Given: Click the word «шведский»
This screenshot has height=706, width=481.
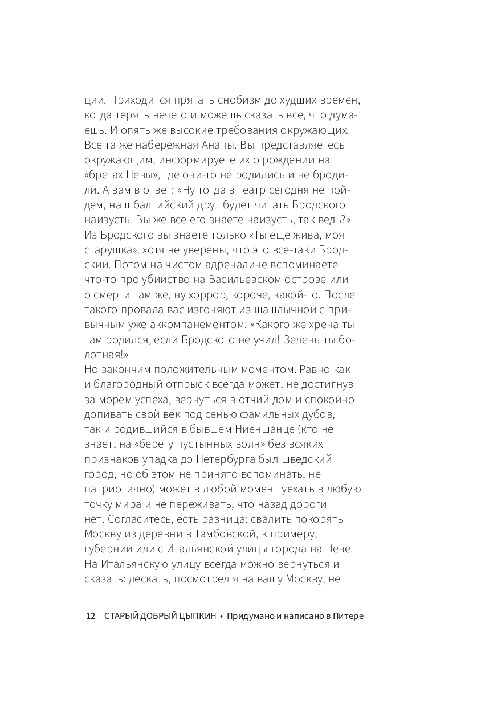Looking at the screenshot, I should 312,457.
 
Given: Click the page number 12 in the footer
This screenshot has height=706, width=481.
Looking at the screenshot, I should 90,616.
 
